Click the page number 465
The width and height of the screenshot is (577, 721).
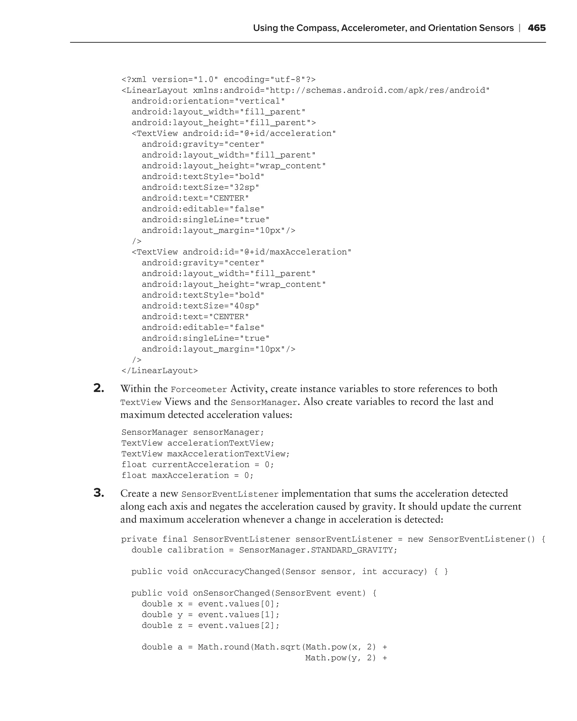click(x=536, y=28)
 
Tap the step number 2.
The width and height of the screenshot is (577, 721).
click(x=99, y=388)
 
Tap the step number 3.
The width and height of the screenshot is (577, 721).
click(x=99, y=493)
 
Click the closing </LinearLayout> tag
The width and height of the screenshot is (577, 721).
click(x=159, y=371)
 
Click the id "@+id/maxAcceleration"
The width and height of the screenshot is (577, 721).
click(x=295, y=252)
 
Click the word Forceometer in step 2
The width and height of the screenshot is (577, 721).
click(x=199, y=390)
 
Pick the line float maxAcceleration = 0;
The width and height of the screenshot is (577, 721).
click(x=187, y=475)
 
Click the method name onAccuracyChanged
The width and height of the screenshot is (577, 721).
click(x=236, y=571)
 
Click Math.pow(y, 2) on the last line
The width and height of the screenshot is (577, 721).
click(x=341, y=658)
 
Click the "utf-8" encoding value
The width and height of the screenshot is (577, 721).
click(x=285, y=80)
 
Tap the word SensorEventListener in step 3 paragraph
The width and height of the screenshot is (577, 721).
click(x=230, y=494)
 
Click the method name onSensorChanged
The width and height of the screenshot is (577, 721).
click(x=232, y=593)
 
